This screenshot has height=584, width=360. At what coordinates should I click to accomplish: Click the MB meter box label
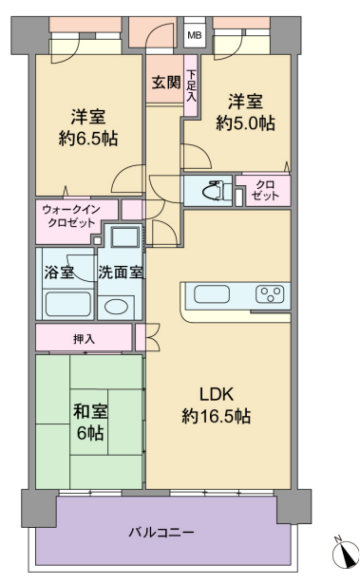(195, 36)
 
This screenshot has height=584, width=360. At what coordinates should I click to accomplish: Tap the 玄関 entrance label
(166, 83)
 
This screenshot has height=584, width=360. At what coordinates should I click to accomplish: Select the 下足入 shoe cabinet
(191, 85)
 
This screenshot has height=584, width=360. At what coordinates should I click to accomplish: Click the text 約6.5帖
(88, 139)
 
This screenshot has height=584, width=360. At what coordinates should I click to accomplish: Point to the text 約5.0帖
(246, 122)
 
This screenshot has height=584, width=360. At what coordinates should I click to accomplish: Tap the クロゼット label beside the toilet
(265, 190)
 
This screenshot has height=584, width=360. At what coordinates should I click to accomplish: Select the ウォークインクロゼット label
(71, 216)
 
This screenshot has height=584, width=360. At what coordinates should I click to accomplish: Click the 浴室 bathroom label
(59, 273)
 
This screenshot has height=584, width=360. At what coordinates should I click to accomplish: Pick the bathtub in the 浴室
(67, 304)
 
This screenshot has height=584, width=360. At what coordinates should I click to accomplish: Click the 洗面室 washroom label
(121, 273)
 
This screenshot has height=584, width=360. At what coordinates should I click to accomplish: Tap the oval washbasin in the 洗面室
(116, 307)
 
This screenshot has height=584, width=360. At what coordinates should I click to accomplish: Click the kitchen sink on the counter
(212, 294)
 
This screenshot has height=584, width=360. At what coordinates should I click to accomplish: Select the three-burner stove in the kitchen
(270, 293)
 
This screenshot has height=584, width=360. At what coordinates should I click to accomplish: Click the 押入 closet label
(84, 339)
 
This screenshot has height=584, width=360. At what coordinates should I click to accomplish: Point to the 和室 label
(90, 411)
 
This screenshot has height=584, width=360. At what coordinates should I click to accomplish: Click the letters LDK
(217, 394)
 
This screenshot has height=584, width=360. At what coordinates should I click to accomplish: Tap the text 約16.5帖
(217, 416)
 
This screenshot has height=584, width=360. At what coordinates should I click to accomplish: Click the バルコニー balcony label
(161, 532)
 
